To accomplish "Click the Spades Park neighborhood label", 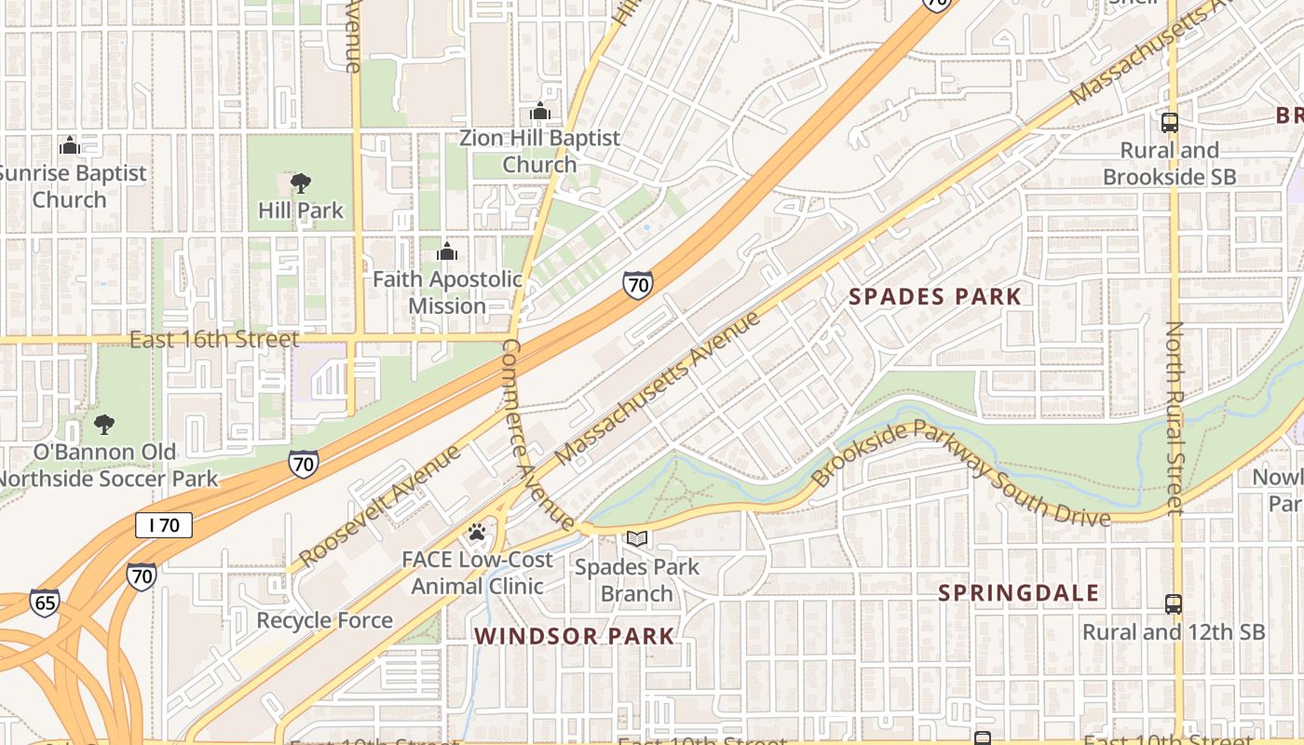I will pyautogui.click(x=935, y=297).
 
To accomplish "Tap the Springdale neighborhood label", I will pyautogui.click(x=1018, y=593).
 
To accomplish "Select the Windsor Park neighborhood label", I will pyautogui.click(x=574, y=636).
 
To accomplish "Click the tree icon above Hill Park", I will pyautogui.click(x=300, y=183).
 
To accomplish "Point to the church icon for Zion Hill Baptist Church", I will pyautogui.click(x=539, y=112).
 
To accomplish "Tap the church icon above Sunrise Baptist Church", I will pyautogui.click(x=69, y=145).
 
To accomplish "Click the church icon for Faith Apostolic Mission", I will pyautogui.click(x=447, y=251).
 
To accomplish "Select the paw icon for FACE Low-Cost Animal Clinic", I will pyautogui.click(x=477, y=533).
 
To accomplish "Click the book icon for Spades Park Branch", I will pyautogui.click(x=637, y=539).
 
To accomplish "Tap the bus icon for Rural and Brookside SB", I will pyautogui.click(x=1169, y=123).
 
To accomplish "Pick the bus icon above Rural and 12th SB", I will pyautogui.click(x=1173, y=604).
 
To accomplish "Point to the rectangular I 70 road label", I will pyautogui.click(x=164, y=525).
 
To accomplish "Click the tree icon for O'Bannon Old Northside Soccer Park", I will pyautogui.click(x=103, y=426).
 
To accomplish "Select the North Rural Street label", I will pyautogui.click(x=1175, y=418).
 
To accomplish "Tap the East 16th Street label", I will pyautogui.click(x=214, y=339).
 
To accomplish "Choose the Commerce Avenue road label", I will pyautogui.click(x=539, y=434).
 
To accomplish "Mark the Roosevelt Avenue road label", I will pyautogui.click(x=380, y=506).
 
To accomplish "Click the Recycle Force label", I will pyautogui.click(x=324, y=620).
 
